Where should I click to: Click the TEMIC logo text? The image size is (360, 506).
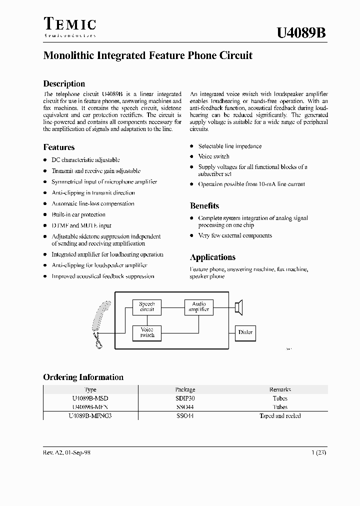69,24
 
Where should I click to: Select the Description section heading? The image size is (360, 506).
64,83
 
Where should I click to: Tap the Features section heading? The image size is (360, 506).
59,147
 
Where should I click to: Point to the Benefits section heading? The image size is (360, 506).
204,205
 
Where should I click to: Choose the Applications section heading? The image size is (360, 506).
212,257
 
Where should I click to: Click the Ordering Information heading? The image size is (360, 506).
83,377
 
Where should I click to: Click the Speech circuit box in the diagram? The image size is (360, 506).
147,306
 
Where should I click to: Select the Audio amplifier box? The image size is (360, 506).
199,306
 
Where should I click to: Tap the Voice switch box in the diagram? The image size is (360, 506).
147,332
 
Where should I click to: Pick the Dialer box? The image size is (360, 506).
245,332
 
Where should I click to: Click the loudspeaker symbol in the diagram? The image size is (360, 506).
239,306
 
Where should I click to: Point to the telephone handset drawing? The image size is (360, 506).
99,324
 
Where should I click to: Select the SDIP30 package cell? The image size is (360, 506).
185,398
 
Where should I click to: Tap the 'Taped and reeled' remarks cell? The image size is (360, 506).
280,416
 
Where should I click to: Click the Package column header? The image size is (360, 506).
185,389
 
